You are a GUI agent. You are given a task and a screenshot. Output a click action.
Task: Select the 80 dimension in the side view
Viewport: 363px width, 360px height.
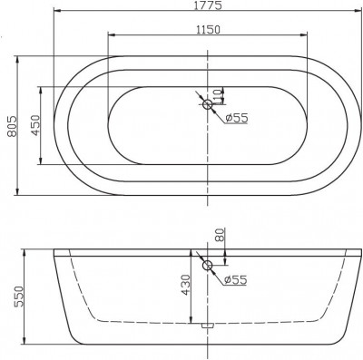220,237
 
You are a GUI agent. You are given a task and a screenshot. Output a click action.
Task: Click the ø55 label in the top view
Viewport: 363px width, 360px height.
236,117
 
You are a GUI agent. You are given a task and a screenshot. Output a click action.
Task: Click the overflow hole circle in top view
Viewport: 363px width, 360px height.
208,106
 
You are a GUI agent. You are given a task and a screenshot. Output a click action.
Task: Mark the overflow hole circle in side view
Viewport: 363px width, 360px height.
208,267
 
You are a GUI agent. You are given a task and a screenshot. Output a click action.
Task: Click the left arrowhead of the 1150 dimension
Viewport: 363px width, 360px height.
112,37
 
